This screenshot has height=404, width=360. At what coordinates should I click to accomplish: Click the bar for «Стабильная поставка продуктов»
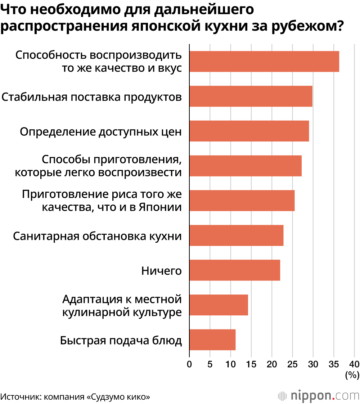(251, 96)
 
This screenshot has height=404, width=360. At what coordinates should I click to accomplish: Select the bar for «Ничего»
(234, 270)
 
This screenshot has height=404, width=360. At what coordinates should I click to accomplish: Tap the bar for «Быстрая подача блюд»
(212, 340)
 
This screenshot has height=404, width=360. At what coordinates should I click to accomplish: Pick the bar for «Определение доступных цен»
(249, 131)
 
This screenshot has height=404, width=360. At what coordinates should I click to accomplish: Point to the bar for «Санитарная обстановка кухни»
(236, 235)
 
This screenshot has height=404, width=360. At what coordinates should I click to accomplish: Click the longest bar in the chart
(264, 61)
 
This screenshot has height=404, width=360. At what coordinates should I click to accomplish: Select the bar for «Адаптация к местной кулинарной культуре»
(219, 305)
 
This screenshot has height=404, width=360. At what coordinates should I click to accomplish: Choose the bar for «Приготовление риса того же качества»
(242, 200)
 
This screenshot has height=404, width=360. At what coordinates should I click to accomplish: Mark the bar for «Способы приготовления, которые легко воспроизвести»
(245, 166)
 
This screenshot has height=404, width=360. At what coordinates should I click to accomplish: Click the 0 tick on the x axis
(189, 364)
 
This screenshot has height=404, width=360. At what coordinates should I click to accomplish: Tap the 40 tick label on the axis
(354, 364)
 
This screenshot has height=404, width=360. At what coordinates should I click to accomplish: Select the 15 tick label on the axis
(251, 364)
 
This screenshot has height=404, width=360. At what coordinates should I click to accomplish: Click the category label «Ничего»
(161, 271)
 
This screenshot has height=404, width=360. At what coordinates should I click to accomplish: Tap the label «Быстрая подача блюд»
(121, 340)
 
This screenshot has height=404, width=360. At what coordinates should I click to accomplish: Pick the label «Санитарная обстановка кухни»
(97, 236)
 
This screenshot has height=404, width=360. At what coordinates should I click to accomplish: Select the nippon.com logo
(319, 396)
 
